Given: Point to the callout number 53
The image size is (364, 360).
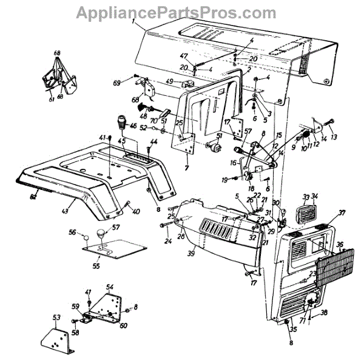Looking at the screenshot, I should coord(56,317).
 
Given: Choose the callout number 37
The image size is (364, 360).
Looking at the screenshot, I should coord(342,214).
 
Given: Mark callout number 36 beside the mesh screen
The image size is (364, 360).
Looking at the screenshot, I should coord(340,245).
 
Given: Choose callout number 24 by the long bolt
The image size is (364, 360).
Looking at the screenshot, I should coord(151,240).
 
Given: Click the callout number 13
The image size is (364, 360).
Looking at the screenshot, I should coord(334,138).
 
